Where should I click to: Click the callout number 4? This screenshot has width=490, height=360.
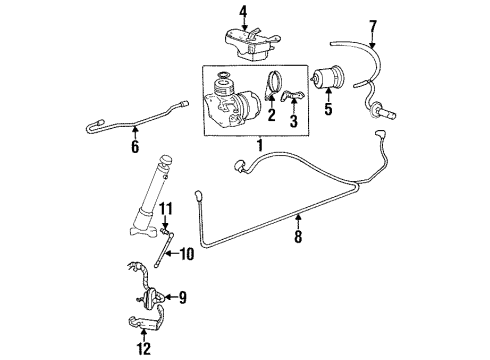[242, 11]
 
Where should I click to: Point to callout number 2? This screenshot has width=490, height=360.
[271, 116]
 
